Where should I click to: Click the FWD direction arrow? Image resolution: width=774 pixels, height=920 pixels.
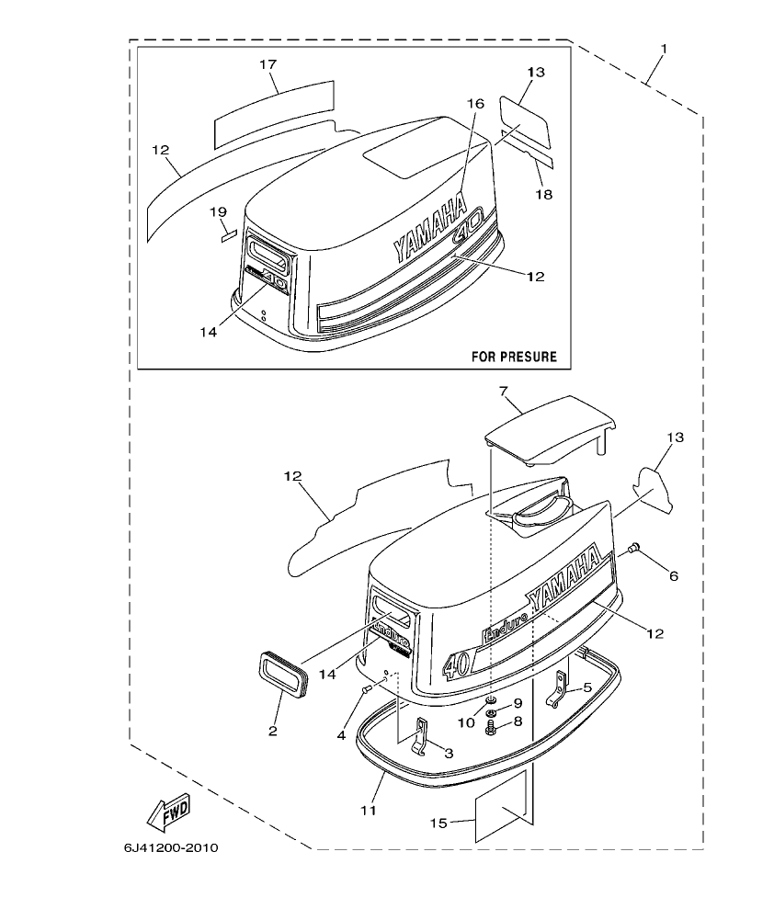click(x=168, y=810)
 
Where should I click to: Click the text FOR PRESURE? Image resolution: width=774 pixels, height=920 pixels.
click(x=514, y=356)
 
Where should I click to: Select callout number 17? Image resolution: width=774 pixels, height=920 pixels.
click(x=267, y=64)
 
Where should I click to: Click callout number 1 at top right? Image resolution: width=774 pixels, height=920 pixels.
click(x=665, y=48)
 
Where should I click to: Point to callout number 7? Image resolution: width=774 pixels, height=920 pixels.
click(x=504, y=392)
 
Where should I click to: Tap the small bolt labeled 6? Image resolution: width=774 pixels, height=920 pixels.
click(x=632, y=551)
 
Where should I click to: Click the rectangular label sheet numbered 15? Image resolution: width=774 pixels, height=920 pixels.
click(x=503, y=805)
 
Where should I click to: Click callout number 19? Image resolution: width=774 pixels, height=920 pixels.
click(x=218, y=212)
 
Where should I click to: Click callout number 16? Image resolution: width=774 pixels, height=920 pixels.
click(x=474, y=105)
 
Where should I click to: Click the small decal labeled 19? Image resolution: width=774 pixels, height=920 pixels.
click(x=228, y=233)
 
